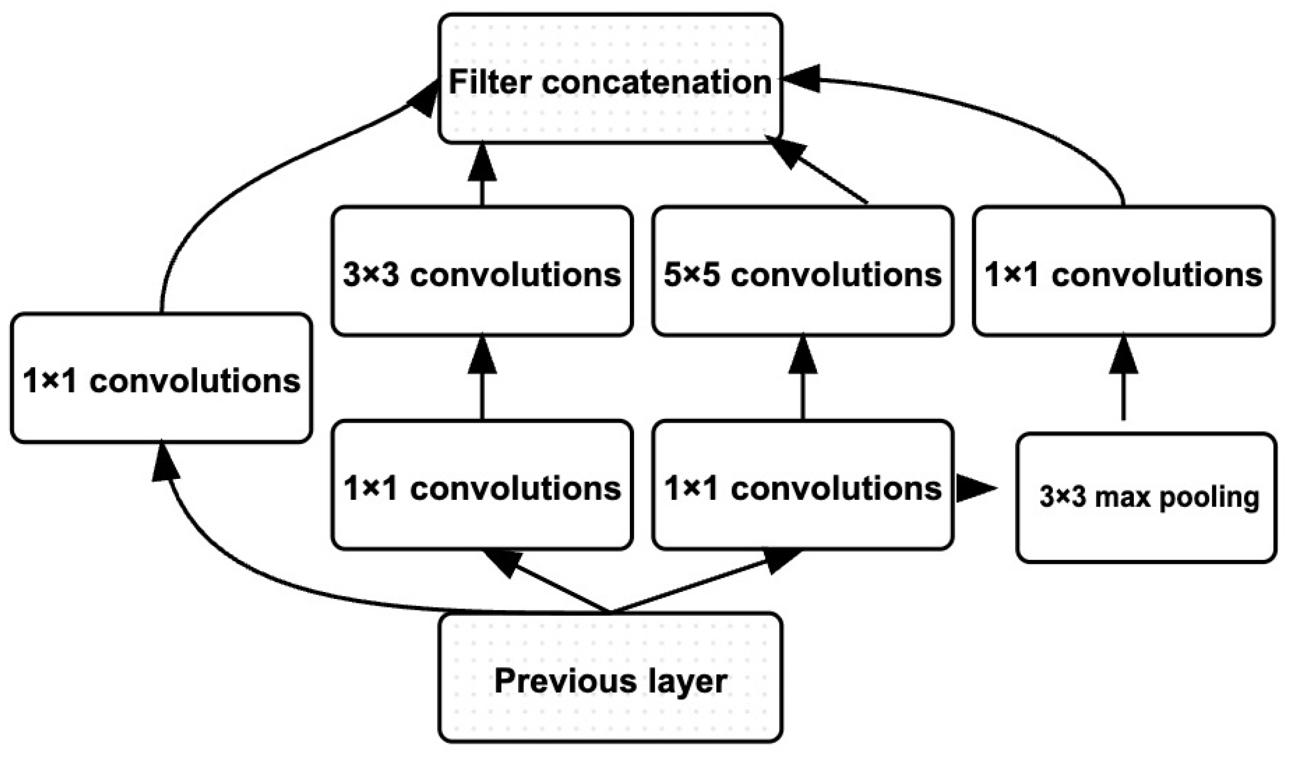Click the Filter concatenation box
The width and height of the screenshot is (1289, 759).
tap(610, 78)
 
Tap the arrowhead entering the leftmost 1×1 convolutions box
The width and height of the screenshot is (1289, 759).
tap(165, 463)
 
